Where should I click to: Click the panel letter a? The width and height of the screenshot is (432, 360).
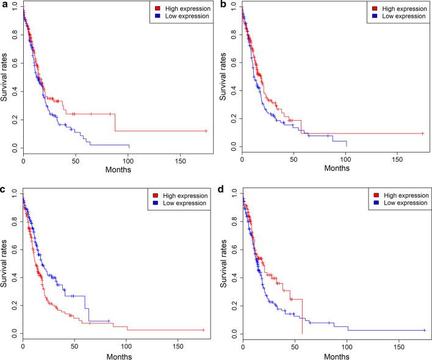(x=4, y=5)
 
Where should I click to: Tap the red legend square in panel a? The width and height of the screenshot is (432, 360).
(x=159, y=8)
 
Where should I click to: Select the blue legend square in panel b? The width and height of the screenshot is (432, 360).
(x=376, y=16)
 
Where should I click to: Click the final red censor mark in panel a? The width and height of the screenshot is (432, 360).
(x=206, y=131)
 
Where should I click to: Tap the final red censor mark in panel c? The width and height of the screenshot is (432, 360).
(x=203, y=330)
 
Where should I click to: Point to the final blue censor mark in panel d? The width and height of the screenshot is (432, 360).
(x=424, y=330)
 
